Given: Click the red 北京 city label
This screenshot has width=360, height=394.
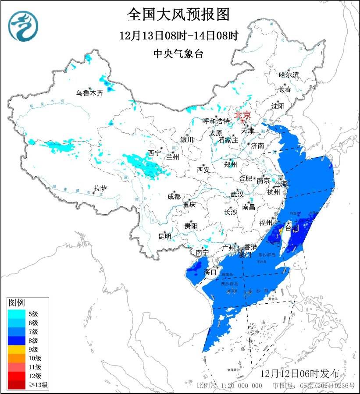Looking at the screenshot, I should [x=242, y=115].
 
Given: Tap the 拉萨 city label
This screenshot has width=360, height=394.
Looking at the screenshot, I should [x=100, y=188].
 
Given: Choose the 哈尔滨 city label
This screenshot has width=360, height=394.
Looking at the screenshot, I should [x=289, y=75].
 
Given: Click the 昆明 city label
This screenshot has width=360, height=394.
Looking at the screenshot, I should [x=165, y=237].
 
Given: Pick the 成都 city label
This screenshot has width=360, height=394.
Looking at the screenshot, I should [x=174, y=197].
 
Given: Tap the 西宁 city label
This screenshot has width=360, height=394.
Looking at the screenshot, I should [x=154, y=153].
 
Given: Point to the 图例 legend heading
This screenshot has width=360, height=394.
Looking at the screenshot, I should [x=17, y=302].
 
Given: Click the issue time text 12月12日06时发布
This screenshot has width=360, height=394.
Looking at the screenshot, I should [x=299, y=374].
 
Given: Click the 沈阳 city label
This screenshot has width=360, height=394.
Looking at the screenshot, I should [x=278, y=106].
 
